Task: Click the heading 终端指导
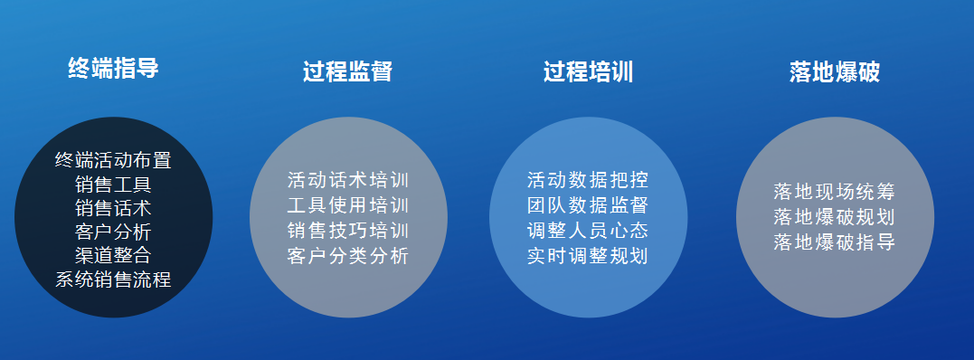click(x=113, y=68)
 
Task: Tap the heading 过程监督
click(x=347, y=72)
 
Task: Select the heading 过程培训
click(x=588, y=72)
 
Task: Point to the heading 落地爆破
click(x=834, y=72)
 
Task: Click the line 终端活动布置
click(x=113, y=161)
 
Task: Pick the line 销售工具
click(x=113, y=185)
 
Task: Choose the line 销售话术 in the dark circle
click(x=113, y=208)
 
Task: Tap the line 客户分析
click(x=113, y=232)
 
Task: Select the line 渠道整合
click(x=113, y=255)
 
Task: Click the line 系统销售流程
click(x=113, y=279)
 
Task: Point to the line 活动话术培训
click(x=348, y=179)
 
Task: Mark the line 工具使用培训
click(x=348, y=204)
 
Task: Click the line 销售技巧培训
click(x=348, y=230)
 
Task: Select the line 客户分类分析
click(x=348, y=255)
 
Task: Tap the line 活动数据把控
click(x=588, y=179)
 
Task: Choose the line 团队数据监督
click(x=588, y=204)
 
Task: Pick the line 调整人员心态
click(x=588, y=230)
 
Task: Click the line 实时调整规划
click(x=588, y=255)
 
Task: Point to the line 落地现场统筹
click(x=834, y=192)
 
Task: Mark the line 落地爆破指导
click(x=834, y=242)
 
